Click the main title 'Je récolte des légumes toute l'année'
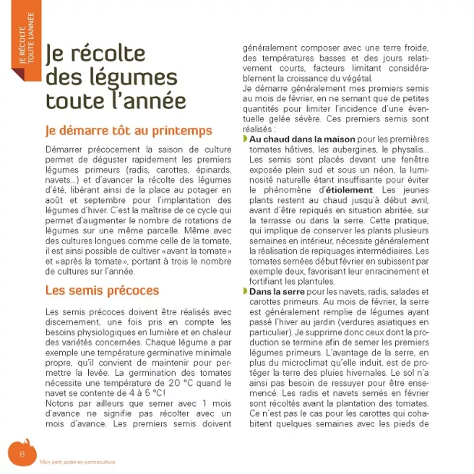pyautogui.click(x=116, y=77)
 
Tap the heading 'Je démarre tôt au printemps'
pyautogui.click(x=128, y=131)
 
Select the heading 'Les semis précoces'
pyautogui.click(x=101, y=290)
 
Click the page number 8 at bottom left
pyautogui.click(x=22, y=453)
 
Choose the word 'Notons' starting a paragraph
pyautogui.click(x=61, y=402)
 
